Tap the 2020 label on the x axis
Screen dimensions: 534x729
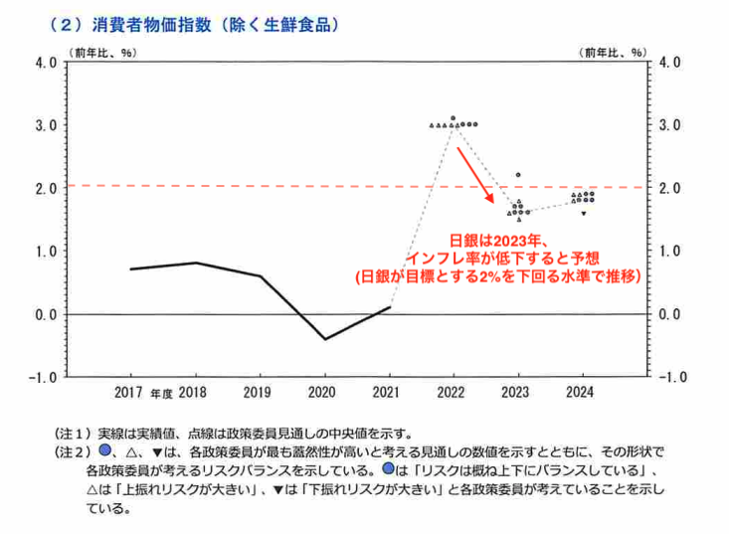click(x=323, y=392)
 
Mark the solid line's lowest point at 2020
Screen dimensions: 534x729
click(x=323, y=339)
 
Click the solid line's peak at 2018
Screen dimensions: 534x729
click(x=196, y=263)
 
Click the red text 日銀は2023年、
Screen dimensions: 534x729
click(x=493, y=241)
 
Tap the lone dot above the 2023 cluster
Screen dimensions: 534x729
click(x=518, y=175)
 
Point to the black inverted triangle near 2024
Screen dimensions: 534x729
click(x=584, y=213)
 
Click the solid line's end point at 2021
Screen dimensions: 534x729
click(x=389, y=307)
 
